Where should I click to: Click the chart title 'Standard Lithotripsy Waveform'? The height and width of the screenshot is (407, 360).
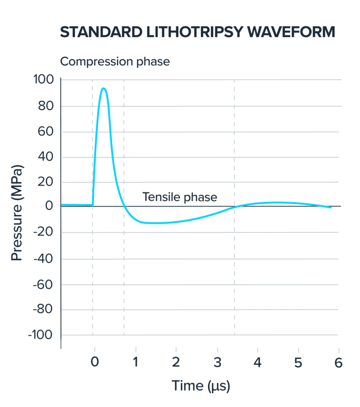pyautogui.click(x=198, y=32)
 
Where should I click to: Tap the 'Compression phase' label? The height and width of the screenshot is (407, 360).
pyautogui.click(x=115, y=61)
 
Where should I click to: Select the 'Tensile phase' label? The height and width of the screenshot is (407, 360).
pyautogui.click(x=180, y=197)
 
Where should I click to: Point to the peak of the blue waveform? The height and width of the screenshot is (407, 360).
pyautogui.click(x=103, y=88)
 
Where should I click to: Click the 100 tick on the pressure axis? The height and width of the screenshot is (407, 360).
pyautogui.click(x=44, y=80)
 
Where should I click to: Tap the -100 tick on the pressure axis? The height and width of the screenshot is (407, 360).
pyautogui.click(x=42, y=335)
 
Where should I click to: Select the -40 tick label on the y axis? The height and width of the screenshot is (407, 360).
pyautogui.click(x=44, y=259)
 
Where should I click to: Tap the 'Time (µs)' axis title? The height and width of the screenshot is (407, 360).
pyautogui.click(x=201, y=386)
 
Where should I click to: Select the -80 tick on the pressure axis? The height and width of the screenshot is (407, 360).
pyautogui.click(x=44, y=310)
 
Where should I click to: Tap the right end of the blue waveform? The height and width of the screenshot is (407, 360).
pyautogui.click(x=331, y=207)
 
